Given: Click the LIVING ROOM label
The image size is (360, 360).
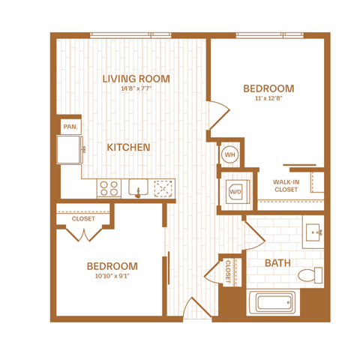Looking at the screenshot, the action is [136, 79].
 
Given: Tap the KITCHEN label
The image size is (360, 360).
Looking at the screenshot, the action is [128, 147].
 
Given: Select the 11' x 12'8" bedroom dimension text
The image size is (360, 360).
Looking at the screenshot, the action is [268, 98].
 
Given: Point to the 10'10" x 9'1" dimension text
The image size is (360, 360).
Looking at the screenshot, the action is [112, 276].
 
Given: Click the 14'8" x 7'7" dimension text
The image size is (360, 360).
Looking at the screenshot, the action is [136, 88].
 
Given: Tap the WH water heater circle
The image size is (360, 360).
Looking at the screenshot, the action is [229, 154].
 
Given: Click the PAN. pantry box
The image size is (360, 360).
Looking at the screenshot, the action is [70, 127].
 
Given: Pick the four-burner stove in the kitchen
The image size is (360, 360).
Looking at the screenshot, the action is [109, 188].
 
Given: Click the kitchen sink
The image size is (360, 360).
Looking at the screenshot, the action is [138, 187].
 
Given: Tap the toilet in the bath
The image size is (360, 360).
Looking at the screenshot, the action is [310, 275].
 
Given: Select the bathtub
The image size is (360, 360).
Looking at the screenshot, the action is [273, 302].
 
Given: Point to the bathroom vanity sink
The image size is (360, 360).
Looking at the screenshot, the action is [313, 232].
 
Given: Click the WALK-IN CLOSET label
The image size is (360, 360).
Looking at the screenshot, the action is [286, 186].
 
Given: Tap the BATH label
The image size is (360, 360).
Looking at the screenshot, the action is [277, 263].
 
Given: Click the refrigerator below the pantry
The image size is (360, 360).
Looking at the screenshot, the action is [69, 150].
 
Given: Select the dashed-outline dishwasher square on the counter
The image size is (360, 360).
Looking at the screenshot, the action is [163, 188].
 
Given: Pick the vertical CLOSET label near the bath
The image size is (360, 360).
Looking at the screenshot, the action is [228, 271].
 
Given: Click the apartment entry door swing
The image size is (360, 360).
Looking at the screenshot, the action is [197, 308].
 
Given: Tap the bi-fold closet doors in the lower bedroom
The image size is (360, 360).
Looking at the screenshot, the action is [84, 235].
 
